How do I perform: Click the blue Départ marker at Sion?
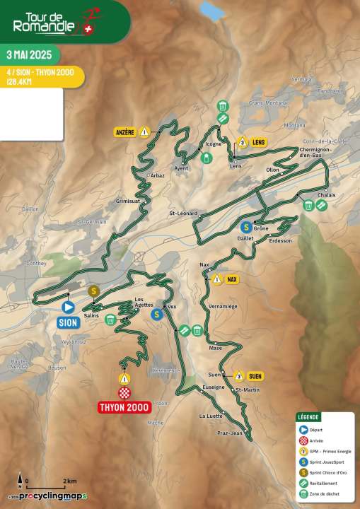(68, 308)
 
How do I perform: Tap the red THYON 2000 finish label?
(125, 406)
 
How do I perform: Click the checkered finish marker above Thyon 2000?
(125, 392)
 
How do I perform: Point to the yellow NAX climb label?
(231, 279)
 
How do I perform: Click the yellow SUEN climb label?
(255, 375)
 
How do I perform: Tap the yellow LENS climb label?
(257, 142)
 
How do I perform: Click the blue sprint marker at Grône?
(245, 227)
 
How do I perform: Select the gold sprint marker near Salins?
(93, 291)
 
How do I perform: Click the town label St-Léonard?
(183, 213)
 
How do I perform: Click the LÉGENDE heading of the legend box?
(308, 417)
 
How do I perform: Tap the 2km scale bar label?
(69, 481)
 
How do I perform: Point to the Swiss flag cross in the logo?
(88, 30)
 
